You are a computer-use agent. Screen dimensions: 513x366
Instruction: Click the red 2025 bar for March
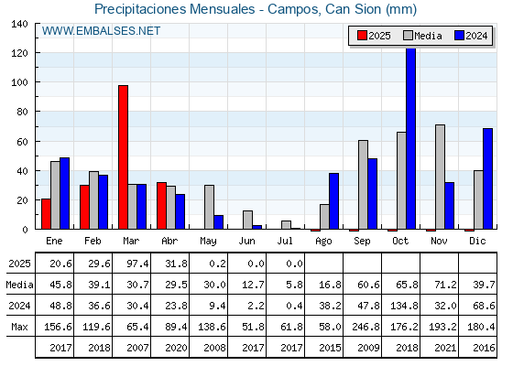click(124, 157)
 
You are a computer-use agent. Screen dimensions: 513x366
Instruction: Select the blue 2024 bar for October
click(411, 138)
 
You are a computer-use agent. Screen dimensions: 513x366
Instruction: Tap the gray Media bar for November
click(440, 177)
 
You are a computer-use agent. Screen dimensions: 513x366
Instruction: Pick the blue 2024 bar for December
click(487, 178)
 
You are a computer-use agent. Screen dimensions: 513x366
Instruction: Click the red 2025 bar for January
click(46, 214)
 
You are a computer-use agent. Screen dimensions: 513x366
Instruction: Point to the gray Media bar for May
click(210, 207)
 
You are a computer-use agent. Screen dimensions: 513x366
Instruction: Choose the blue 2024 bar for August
click(334, 201)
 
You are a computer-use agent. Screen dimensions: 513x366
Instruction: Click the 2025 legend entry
click(374, 36)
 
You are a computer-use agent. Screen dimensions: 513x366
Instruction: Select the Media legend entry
click(422, 36)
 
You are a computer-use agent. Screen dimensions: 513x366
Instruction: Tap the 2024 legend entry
click(471, 36)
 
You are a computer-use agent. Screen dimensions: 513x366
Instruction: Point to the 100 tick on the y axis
click(19, 82)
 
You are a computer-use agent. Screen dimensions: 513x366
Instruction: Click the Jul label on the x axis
click(285, 241)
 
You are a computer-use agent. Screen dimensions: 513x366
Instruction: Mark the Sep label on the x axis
click(362, 242)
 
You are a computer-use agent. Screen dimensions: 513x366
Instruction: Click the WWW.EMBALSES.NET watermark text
click(101, 31)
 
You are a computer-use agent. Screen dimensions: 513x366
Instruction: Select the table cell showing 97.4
click(132, 264)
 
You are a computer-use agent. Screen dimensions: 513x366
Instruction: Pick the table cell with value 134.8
click(401, 306)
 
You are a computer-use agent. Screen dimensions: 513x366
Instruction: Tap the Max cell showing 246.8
click(363, 327)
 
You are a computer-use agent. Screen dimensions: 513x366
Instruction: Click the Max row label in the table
click(19, 327)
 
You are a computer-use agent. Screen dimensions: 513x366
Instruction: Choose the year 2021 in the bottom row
click(445, 348)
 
